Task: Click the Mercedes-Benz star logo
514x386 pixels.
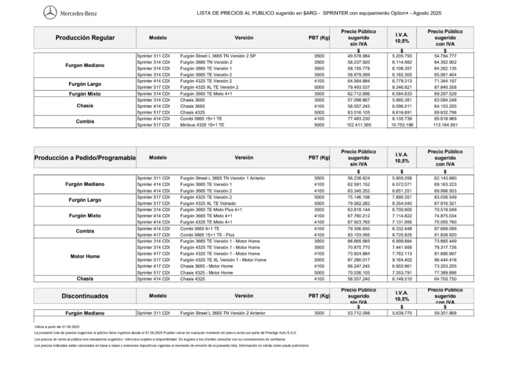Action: click(50, 13)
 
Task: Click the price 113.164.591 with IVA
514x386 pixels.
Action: click(445, 125)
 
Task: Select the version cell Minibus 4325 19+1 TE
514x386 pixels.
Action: click(202, 125)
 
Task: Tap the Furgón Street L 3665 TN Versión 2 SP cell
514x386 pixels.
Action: click(218, 56)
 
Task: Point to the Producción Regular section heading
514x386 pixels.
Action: click(85, 38)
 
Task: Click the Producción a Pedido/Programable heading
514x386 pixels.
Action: click(85, 158)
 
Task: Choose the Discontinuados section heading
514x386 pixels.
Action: click(85, 296)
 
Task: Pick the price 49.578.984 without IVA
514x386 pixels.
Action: click(359, 56)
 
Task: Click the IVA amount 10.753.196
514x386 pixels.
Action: click(402, 125)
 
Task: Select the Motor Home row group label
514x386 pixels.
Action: click(85, 256)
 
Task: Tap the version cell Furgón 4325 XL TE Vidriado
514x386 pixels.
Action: click(208, 203)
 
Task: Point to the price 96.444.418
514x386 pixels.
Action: click(445, 260)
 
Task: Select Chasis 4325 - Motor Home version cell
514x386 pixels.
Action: click(206, 273)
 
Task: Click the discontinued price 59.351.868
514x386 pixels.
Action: click(445, 313)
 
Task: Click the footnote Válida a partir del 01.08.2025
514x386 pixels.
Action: click(57, 327)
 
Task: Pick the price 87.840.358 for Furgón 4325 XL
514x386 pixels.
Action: click(445, 87)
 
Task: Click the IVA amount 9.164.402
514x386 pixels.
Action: click(402, 260)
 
